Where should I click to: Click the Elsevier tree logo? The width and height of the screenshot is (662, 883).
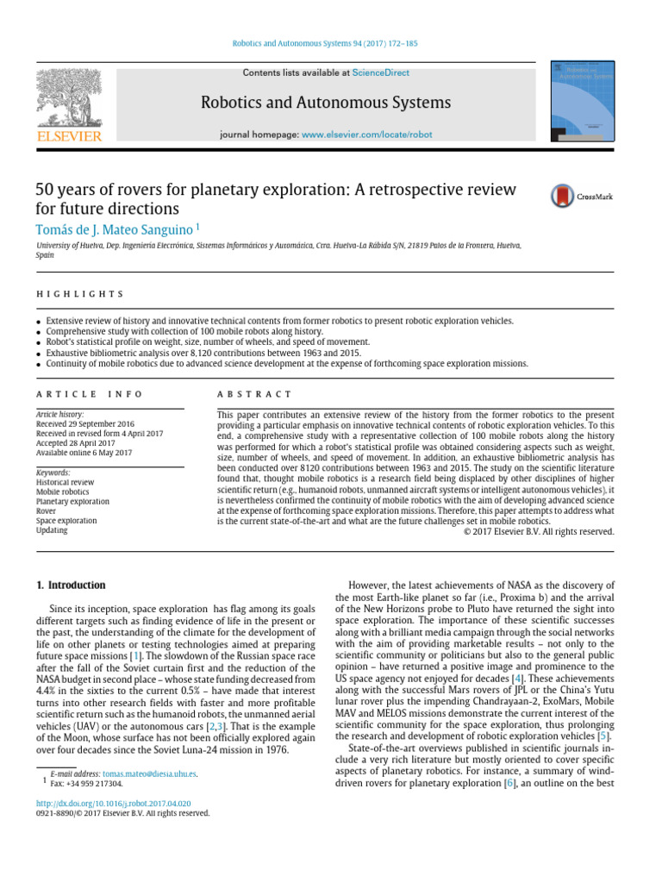coord(68,97)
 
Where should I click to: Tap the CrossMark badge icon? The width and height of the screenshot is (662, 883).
coord(563,197)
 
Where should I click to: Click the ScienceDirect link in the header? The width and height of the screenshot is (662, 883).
coord(381,73)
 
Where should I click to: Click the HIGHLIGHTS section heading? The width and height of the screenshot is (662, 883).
coord(79,294)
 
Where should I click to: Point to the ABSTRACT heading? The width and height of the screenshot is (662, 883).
coord(254,394)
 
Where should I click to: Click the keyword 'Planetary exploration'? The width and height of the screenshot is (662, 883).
coord(72,501)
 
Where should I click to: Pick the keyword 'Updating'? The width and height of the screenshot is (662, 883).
coord(51,530)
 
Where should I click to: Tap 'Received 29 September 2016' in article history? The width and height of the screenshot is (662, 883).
coord(85,424)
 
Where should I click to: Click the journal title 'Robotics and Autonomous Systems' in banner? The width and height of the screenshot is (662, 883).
coord(325,103)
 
